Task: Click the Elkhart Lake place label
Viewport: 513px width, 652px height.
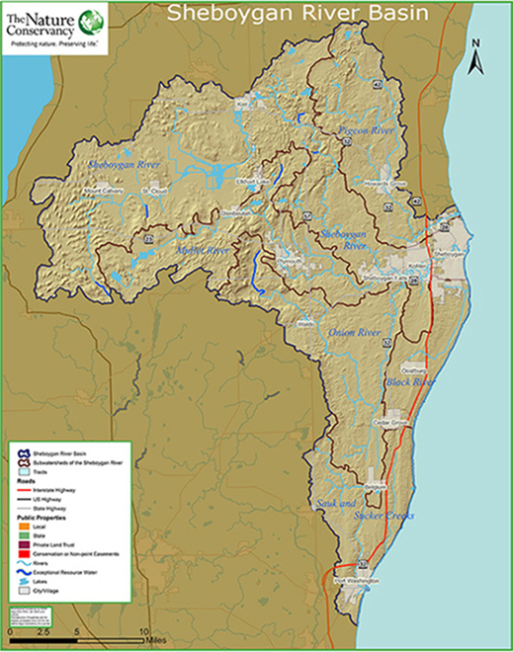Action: pos(226,179)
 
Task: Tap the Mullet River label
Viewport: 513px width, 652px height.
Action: pos(203,253)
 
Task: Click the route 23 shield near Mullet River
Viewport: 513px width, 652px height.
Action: pos(150,238)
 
